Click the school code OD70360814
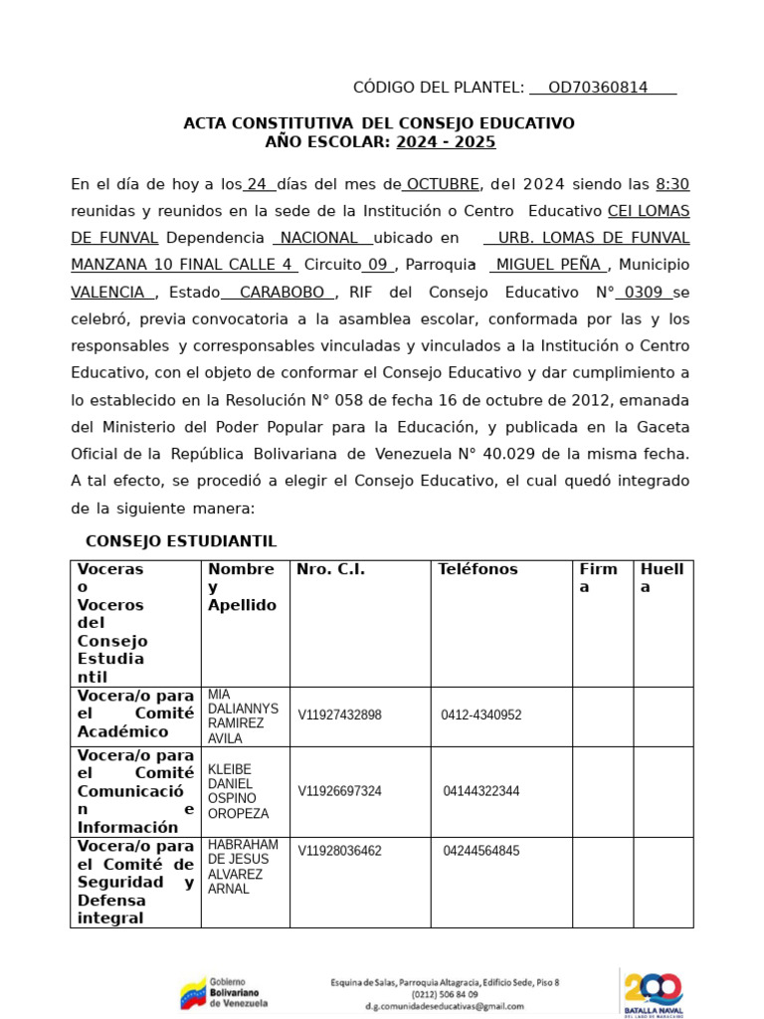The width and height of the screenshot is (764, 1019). [598, 88]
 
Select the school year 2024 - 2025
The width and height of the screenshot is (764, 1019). [446, 142]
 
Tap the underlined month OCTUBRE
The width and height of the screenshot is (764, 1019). [442, 184]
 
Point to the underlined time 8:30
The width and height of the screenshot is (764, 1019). [672, 184]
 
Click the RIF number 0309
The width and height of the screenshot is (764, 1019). [645, 293]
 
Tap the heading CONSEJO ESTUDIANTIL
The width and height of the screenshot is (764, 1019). [181, 541]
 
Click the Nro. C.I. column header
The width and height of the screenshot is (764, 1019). [330, 570]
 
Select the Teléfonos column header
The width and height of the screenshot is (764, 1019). [477, 570]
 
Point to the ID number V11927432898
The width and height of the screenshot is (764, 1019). [339, 715]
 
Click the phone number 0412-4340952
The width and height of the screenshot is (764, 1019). [481, 715]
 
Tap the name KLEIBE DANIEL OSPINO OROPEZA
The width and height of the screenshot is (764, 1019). [238, 791]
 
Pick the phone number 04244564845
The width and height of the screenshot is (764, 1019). [481, 851]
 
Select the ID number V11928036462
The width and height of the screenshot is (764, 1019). [339, 851]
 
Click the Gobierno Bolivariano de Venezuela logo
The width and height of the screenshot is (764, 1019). [224, 992]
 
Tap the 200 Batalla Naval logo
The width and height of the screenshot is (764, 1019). [654, 992]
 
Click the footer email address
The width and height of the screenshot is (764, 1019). [444, 1006]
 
